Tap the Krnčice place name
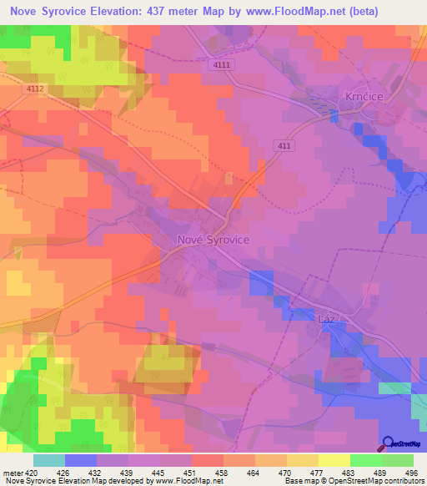[364, 98]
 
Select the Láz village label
[327, 319]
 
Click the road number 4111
[222, 64]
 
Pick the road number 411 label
[286, 145]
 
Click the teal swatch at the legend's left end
[49, 460]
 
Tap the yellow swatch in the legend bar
[333, 460]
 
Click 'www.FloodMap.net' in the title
[285, 12]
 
